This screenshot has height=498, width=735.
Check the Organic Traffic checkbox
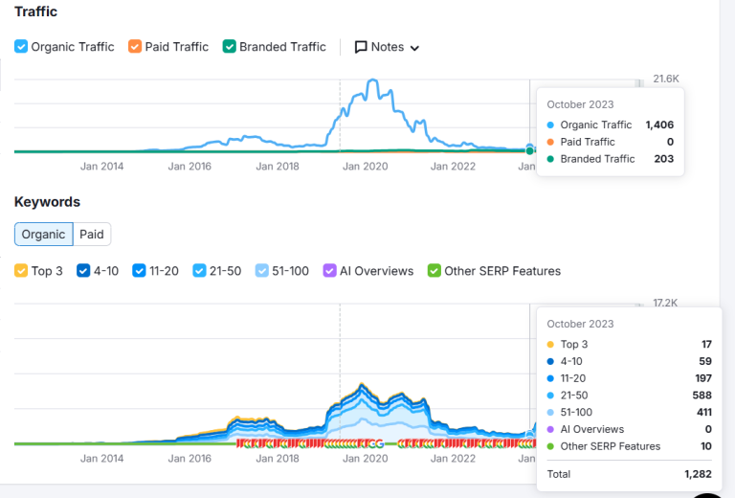pos(21,47)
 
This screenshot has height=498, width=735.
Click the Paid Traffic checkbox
pos(135,47)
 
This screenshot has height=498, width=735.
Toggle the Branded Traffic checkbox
pos(230,47)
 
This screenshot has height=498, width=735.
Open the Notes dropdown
pos(387,47)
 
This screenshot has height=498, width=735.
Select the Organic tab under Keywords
pos(44,234)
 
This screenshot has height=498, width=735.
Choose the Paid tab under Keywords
pos(92,234)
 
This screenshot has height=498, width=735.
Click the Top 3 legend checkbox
pos(21,271)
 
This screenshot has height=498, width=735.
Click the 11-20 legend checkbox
pos(140,271)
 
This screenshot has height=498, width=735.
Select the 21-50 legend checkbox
pos(199,271)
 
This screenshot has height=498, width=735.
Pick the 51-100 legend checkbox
pos(262,271)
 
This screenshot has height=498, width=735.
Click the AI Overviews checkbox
pos(329,271)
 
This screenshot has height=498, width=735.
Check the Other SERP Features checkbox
pos(434,271)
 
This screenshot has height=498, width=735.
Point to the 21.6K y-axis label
pos(666,79)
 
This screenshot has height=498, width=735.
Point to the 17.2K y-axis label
pos(665,303)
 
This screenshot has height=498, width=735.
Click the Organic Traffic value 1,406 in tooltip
pos(659,124)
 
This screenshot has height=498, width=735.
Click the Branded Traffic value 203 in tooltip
pos(663,159)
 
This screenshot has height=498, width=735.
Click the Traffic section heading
pos(35,11)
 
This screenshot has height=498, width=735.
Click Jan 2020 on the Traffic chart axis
pos(365,166)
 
